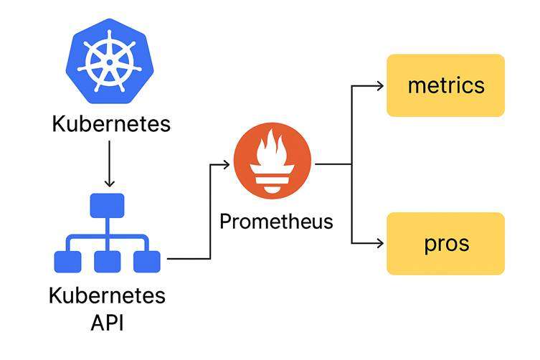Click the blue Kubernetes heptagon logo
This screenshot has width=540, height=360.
110,60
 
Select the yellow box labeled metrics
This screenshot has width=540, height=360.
445,85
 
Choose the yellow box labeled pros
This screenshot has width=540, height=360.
445,243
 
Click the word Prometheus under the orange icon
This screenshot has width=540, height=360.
276,221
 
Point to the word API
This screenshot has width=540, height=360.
107,322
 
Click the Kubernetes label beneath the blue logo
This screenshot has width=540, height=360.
111,123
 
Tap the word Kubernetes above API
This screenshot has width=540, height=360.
107,295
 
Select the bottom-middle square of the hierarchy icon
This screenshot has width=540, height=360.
107,261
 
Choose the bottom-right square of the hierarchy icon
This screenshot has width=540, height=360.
147,261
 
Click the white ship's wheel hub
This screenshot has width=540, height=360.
110,61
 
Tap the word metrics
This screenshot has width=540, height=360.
445,85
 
